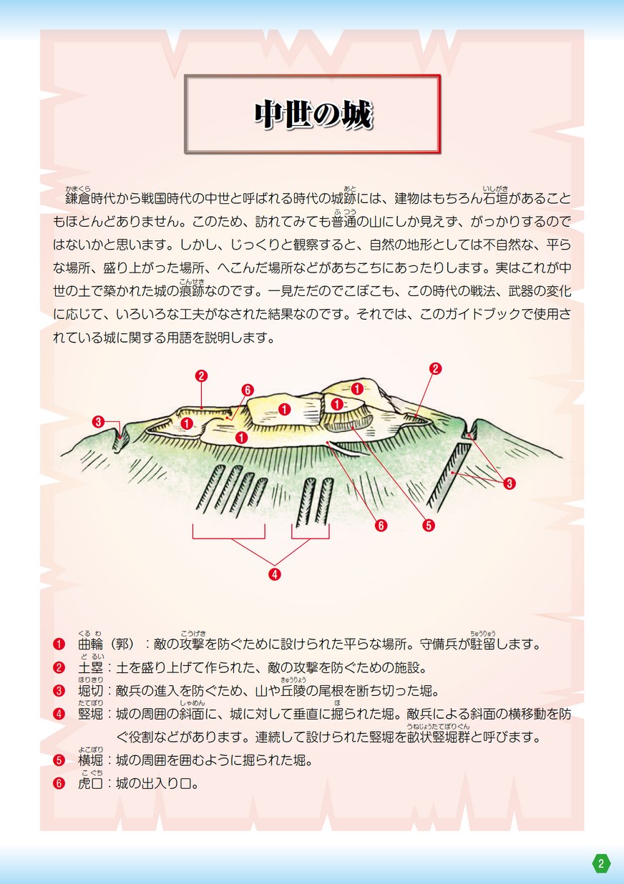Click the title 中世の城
(313, 115)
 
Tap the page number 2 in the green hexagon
(601, 863)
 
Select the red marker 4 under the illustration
(275, 574)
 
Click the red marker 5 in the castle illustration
(429, 525)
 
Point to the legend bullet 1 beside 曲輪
(59, 644)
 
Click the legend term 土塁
(91, 668)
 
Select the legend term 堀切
(91, 691)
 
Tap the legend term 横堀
(91, 760)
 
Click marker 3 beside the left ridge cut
(98, 421)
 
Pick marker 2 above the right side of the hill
(435, 368)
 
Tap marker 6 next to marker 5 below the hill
(381, 525)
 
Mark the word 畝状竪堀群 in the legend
(439, 737)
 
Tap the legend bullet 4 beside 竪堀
(59, 714)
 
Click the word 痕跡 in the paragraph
(192, 291)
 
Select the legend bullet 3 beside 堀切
(59, 691)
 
